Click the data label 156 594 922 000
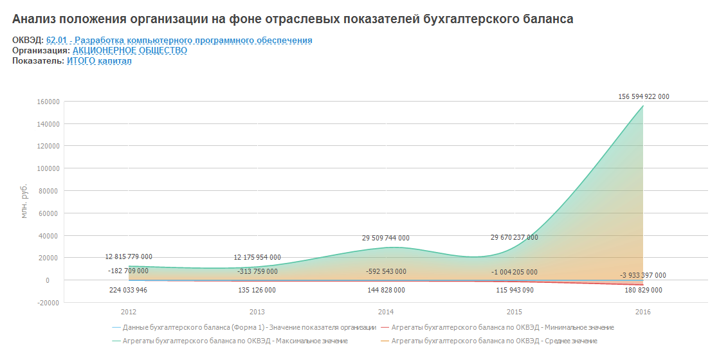coord(643,96)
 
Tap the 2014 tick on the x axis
coord(386,312)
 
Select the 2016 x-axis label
coord(643,312)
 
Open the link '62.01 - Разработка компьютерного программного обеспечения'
coord(179,40)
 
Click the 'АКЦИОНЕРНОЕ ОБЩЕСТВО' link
coord(130,51)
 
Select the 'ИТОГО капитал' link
coord(99,61)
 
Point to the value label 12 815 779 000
coord(129,256)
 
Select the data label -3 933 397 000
coord(643,275)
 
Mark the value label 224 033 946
coord(129,290)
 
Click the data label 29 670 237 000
coord(514,237)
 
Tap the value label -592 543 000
coord(386,271)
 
